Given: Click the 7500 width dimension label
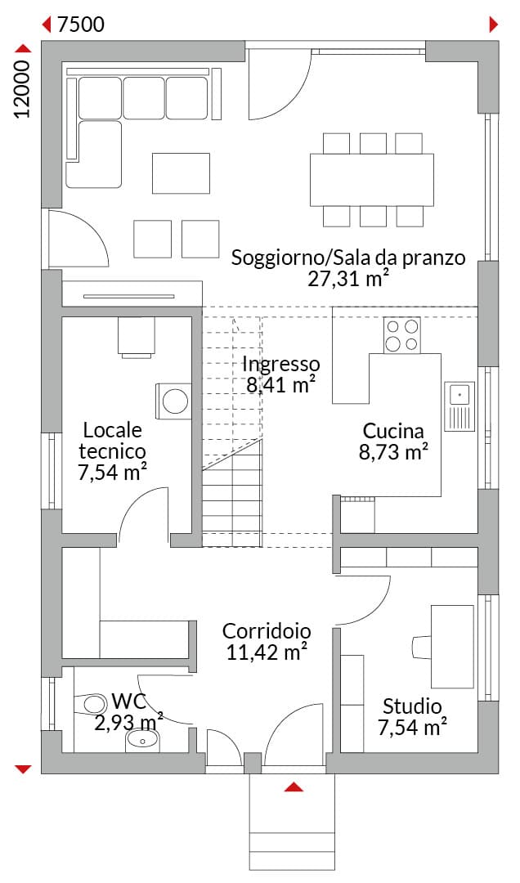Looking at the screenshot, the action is [x=81, y=25].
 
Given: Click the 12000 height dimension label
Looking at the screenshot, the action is [x=22, y=89].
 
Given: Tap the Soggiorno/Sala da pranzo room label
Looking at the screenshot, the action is [x=349, y=258].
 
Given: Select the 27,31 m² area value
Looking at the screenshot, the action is [x=349, y=279].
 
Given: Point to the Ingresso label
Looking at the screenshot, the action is [x=281, y=365].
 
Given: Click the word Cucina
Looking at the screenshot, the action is [x=393, y=431].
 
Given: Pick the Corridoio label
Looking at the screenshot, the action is [x=267, y=631].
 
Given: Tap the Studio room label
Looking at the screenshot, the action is [x=412, y=706].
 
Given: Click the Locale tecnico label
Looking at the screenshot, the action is [x=112, y=441].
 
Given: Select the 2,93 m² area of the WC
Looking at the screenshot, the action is [x=128, y=723].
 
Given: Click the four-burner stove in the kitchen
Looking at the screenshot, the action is [x=401, y=335].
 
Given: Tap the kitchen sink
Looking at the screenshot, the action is [x=459, y=406].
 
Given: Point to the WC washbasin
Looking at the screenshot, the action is [x=142, y=740].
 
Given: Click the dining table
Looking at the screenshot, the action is [x=372, y=180].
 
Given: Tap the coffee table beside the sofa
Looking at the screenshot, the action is [x=181, y=173].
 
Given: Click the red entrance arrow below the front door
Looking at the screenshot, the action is [x=294, y=787].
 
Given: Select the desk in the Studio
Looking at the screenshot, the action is [x=452, y=647].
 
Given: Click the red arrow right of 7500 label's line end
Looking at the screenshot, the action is [x=494, y=25].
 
